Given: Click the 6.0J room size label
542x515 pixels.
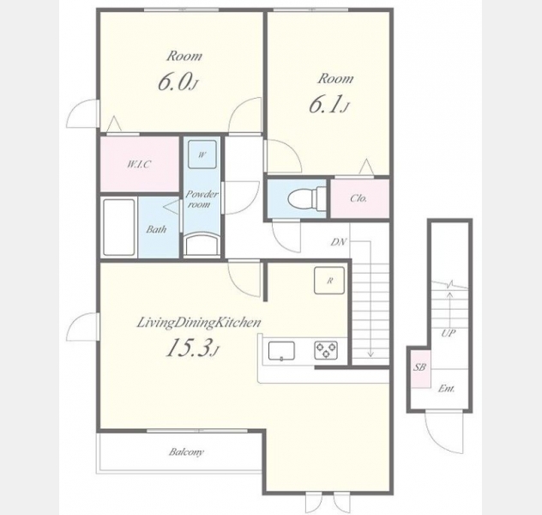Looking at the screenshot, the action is click(178, 82).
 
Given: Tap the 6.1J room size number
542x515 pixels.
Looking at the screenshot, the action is click(328, 105).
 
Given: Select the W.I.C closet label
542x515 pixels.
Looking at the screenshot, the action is click(139, 164).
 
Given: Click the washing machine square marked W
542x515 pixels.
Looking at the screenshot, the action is click(202, 154).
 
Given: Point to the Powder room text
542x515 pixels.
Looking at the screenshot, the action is click(202, 199).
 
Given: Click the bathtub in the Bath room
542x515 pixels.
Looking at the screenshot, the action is click(118, 227).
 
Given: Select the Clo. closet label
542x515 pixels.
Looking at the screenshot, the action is click(358, 198).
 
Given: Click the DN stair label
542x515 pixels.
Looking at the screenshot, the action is click(339, 242).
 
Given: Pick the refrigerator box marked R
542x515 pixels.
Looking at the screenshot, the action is click(329, 280).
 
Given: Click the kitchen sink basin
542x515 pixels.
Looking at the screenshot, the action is click(281, 351).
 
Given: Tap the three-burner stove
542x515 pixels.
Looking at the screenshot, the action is click(326, 349).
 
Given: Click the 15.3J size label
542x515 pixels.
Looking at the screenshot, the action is click(193, 348).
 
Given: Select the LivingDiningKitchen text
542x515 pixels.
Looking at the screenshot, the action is click(199, 323).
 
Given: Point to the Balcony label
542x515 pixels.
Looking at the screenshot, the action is click(186, 451).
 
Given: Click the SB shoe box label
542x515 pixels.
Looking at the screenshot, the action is click(419, 367).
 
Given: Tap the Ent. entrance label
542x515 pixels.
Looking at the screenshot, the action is click(446, 389).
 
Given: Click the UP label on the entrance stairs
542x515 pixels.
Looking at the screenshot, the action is click(449, 333).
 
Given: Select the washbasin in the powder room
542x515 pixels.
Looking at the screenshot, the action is click(202, 245).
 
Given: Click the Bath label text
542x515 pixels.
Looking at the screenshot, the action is click(156, 229).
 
